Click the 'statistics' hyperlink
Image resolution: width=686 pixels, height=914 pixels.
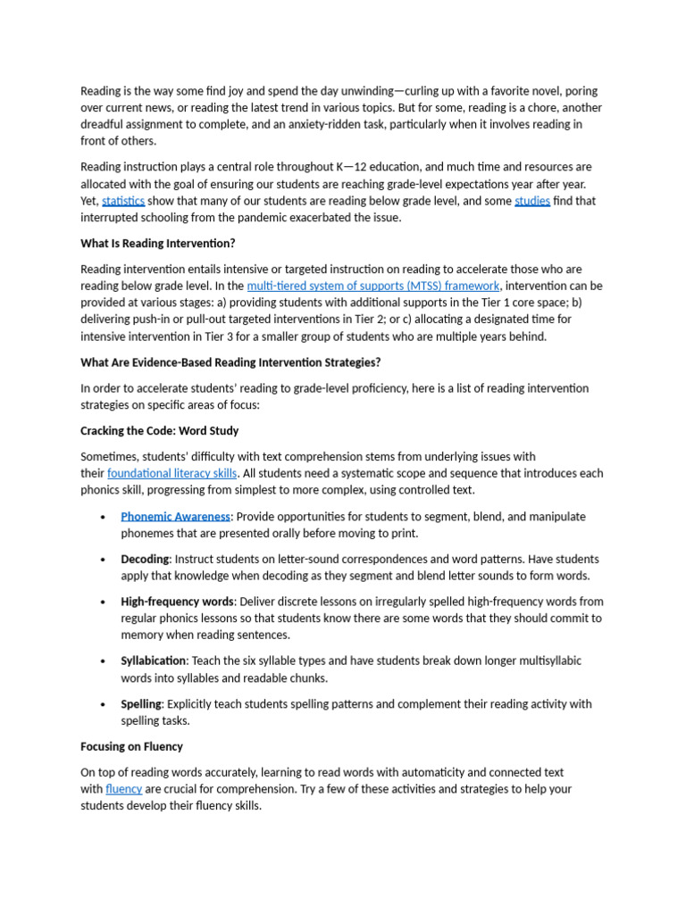[x=123, y=201]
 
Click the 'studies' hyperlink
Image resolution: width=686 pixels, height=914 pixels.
[x=532, y=201]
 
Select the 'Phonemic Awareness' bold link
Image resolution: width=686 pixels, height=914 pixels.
[x=176, y=516]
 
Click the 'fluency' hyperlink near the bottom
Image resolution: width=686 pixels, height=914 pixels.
[x=124, y=789]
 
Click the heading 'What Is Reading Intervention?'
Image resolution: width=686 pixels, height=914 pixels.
[x=158, y=243]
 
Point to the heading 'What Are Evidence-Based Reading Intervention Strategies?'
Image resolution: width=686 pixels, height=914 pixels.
[x=230, y=362]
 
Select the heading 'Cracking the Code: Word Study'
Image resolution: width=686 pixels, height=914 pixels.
[x=160, y=430]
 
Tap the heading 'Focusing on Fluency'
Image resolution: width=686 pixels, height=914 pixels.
[x=131, y=746]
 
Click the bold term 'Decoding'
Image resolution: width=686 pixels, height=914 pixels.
[x=145, y=559]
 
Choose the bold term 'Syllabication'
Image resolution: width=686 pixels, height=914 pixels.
[x=154, y=661]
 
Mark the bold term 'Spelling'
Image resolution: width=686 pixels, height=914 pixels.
[x=141, y=703]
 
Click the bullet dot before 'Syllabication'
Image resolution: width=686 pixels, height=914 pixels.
[x=105, y=661]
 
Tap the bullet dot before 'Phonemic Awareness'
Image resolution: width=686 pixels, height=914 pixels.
[x=105, y=517]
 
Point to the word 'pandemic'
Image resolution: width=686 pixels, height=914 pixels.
[x=279, y=218]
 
